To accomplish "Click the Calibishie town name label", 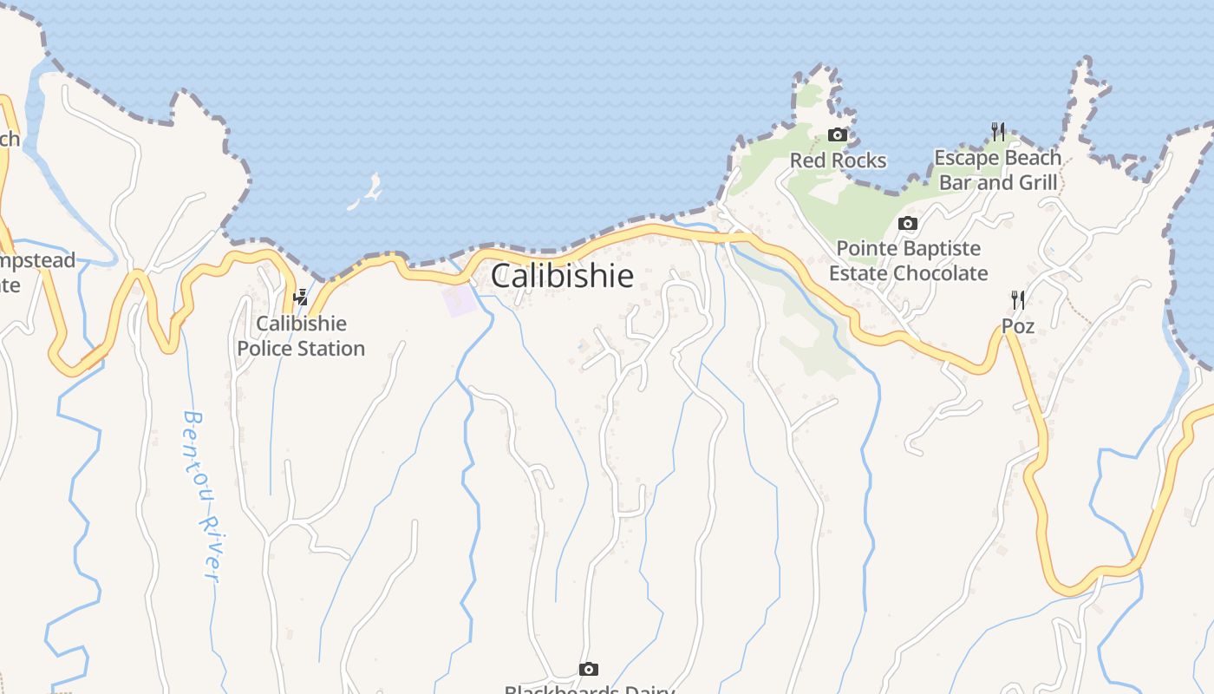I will click(x=562, y=276).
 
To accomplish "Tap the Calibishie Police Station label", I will click(x=301, y=337).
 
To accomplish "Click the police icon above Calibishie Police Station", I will click(x=301, y=297).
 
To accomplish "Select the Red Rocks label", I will click(x=838, y=160).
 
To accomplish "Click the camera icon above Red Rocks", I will click(x=838, y=134).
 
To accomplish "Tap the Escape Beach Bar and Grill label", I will click(x=997, y=170).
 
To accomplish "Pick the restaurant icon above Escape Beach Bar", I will click(x=998, y=132).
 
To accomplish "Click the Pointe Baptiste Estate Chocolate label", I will click(x=908, y=261).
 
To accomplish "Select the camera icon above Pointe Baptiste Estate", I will click(x=908, y=223).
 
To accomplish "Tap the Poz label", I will click(x=1018, y=326).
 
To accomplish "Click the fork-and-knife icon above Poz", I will click(x=1018, y=300).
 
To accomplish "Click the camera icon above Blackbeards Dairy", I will click(x=589, y=669).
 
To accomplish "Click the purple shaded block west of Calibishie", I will click(x=460, y=300).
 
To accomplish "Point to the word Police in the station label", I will click(x=267, y=349).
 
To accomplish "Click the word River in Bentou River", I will click(x=208, y=548).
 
